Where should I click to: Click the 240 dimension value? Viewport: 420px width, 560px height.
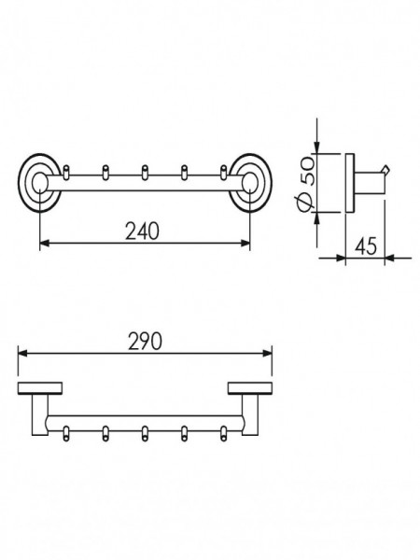(x=142, y=231)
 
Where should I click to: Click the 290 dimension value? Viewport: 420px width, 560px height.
(x=145, y=341)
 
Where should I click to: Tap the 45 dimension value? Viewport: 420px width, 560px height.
(x=366, y=246)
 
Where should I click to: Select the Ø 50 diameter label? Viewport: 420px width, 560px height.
(x=305, y=184)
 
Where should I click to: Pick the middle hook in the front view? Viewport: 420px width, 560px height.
(x=145, y=172)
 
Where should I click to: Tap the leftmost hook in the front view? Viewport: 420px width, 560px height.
(x=65, y=172)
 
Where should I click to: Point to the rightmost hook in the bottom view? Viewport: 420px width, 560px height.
(x=224, y=433)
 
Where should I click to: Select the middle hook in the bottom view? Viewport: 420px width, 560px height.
(x=145, y=433)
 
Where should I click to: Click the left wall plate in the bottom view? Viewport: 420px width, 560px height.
(x=40, y=388)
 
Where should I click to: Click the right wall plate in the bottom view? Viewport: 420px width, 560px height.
(x=250, y=388)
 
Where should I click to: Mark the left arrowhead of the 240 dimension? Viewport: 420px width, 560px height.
(x=44, y=244)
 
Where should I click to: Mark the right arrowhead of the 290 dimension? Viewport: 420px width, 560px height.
(x=268, y=353)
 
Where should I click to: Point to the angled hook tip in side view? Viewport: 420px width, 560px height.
(x=386, y=169)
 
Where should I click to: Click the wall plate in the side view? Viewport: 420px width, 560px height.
(x=350, y=183)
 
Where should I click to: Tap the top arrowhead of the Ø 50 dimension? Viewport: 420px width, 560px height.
(x=316, y=148)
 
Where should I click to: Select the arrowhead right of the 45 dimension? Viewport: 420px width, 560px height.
(x=389, y=258)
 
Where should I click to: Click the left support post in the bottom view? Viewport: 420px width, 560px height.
(x=39, y=415)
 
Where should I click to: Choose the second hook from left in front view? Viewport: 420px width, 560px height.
(x=105, y=172)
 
